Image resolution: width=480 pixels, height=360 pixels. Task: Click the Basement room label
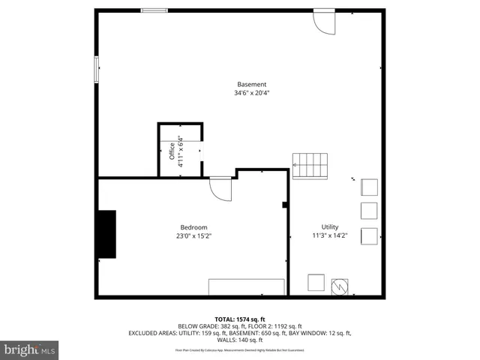pos(251,85)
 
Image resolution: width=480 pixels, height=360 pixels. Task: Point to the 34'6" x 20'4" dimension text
pos(251,94)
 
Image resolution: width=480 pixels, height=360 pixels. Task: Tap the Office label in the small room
pos(172,151)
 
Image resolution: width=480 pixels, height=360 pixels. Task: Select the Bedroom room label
pos(193,227)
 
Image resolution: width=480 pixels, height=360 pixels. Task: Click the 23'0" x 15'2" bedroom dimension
pos(193,236)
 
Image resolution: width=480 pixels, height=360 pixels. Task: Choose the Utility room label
pos(330,227)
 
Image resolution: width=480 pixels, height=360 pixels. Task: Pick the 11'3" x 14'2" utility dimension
pos(330,236)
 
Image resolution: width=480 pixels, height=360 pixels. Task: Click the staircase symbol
pos(310,166)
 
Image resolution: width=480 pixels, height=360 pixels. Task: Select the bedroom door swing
pos(221,189)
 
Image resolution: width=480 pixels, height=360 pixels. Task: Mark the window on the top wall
pos(154,10)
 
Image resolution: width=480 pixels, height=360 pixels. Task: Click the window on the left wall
pos(95,69)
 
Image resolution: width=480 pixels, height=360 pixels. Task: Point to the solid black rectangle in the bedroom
pos(106,235)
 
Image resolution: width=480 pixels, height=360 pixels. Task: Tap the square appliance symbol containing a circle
pos(340,285)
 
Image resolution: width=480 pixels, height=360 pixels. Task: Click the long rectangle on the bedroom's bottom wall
pos(246,286)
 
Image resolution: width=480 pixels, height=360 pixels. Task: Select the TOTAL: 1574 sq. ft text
pos(240,319)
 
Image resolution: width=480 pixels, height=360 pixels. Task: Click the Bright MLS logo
pos(30,349)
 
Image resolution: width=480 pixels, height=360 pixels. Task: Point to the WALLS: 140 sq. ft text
pos(240,340)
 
